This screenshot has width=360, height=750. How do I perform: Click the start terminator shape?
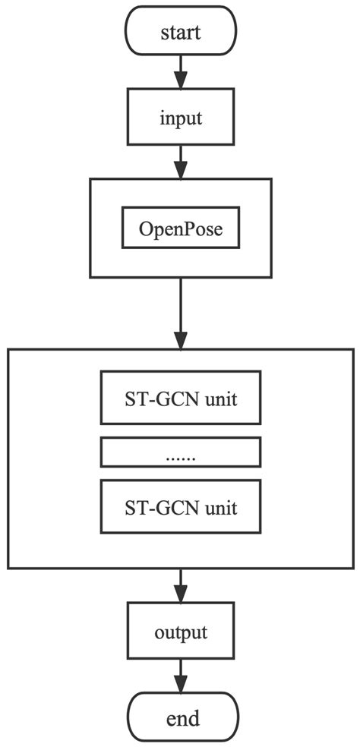click(x=181, y=31)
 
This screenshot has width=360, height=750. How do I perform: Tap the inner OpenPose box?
click(x=181, y=228)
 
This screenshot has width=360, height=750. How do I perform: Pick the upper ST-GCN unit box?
click(x=181, y=398)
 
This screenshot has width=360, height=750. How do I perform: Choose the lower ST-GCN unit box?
click(x=181, y=506)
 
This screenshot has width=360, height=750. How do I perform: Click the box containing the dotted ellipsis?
click(x=181, y=453)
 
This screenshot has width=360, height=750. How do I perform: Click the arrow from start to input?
click(x=181, y=73)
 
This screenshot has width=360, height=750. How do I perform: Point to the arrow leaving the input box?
click(x=181, y=160)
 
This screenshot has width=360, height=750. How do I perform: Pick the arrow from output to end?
click(x=181, y=675)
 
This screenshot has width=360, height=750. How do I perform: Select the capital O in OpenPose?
click(x=144, y=228)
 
